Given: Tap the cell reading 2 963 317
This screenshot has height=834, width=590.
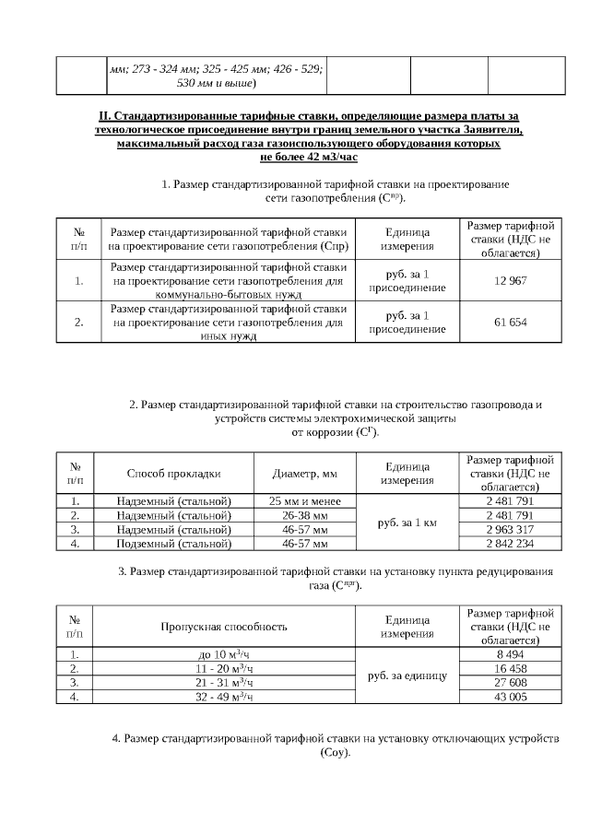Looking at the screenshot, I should click(510, 530).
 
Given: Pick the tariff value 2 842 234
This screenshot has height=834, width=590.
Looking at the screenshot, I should click(510, 544).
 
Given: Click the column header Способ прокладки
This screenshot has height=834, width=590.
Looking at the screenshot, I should click(173, 474).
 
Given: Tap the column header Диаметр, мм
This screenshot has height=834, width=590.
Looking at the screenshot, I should click(305, 474).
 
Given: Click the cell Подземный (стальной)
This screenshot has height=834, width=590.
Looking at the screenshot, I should click(173, 544).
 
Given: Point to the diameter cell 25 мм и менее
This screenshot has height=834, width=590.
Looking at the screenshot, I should click(305, 500).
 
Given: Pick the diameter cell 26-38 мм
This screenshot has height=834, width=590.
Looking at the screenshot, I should click(305, 515).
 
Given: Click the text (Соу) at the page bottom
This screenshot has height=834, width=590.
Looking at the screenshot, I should click(336, 753).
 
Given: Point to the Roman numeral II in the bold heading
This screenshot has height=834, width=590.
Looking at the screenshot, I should click(102, 116).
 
